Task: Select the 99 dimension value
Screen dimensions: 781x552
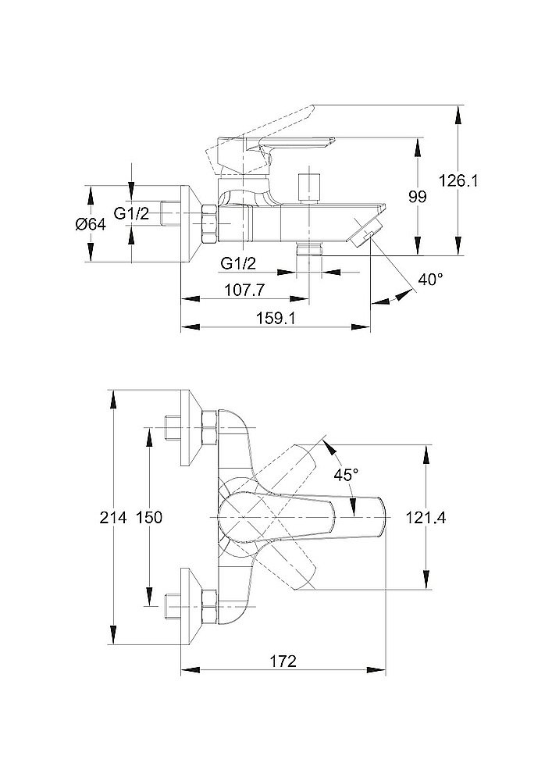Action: [418, 197]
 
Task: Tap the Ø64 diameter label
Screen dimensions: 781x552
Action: [91, 224]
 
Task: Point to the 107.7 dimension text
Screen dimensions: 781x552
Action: [244, 290]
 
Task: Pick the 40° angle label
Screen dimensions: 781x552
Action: [430, 279]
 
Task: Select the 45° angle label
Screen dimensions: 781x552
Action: [346, 474]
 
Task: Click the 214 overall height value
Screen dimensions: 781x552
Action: [115, 516]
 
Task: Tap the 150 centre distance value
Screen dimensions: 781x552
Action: [148, 516]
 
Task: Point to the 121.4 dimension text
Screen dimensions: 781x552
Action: [426, 516]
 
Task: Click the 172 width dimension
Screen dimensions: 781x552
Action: [283, 662]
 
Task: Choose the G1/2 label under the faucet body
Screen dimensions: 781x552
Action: [239, 262]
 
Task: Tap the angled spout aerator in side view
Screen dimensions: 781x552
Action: [365, 232]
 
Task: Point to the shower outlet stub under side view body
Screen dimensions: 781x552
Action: [310, 248]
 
